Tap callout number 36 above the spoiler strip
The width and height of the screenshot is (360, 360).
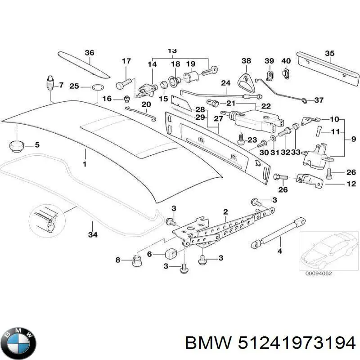pyautogui.click(x=90, y=53)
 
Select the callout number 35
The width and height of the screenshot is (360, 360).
pyautogui.click(x=330, y=54)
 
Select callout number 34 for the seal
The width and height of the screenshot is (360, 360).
pyautogui.click(x=92, y=234)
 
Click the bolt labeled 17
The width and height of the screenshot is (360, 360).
pyautogui.click(x=124, y=84)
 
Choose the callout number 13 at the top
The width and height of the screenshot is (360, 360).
pyautogui.click(x=171, y=51)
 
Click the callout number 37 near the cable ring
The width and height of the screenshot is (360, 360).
pyautogui.click(x=318, y=100)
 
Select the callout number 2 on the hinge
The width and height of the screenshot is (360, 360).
pyautogui.click(x=225, y=211)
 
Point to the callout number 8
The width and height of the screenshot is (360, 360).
pyautogui.click(x=118, y=260)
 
